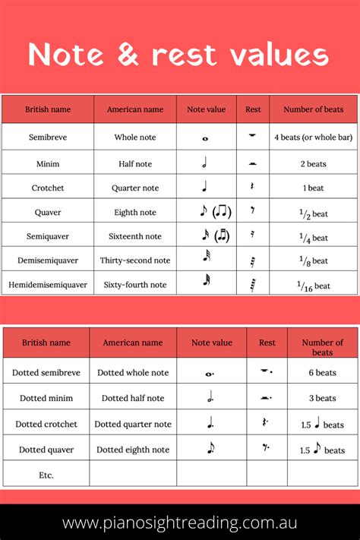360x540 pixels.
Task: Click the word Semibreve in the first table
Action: tap(48, 137)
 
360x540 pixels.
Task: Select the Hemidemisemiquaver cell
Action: tap(48, 285)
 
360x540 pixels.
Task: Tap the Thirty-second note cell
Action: tap(135, 261)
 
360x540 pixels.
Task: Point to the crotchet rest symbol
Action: tap(253, 187)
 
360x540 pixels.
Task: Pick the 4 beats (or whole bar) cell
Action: tap(313, 137)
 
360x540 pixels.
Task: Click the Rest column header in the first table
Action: tap(253, 109)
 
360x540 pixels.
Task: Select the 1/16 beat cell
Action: tap(313, 285)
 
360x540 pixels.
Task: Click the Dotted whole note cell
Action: tap(133, 373)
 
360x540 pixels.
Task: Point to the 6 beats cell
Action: tap(321, 373)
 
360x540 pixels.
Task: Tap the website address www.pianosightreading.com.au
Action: tap(180, 523)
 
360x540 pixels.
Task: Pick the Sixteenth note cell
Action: tap(135, 236)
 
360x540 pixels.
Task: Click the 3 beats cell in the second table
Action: tap(321, 398)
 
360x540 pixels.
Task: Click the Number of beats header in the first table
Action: tap(313, 109)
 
